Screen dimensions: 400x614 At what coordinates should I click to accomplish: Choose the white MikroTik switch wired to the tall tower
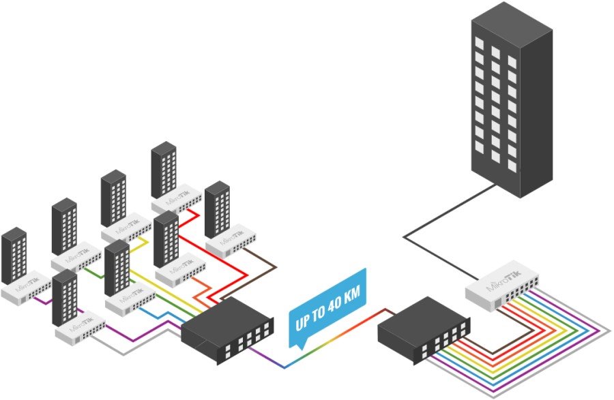click(x=503, y=284)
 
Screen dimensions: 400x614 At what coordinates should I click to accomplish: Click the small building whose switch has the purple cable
click(x=14, y=255)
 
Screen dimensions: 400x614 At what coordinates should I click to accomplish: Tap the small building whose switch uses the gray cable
click(x=65, y=297)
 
